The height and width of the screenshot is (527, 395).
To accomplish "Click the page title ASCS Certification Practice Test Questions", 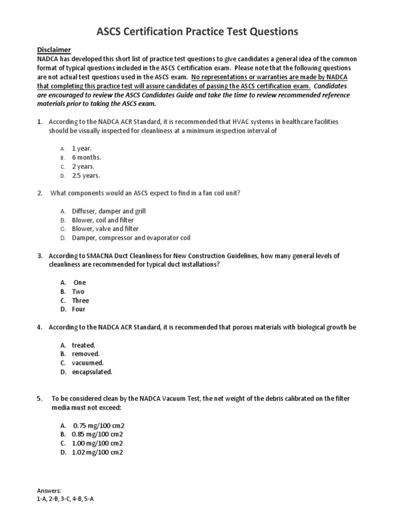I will click(x=197, y=32).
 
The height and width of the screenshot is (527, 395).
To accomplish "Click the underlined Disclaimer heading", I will click(x=53, y=49).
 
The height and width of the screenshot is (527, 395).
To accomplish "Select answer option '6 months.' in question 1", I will click(x=86, y=157).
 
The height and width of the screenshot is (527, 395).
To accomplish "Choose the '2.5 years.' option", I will click(x=86, y=175).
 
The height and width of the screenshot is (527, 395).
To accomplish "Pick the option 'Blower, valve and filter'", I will click(x=105, y=229).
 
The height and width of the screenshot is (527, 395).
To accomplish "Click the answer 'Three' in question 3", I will click(x=80, y=301).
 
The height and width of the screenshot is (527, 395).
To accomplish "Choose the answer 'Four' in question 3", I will click(x=79, y=309).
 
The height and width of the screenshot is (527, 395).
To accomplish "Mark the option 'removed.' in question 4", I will click(x=85, y=354).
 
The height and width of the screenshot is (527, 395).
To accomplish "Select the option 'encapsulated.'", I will click(x=92, y=372).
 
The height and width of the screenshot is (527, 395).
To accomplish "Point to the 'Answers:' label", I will click(x=49, y=491).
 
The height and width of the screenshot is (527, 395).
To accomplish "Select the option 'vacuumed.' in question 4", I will click(x=88, y=363).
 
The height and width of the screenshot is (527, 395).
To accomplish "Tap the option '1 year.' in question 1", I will click(x=82, y=148).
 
